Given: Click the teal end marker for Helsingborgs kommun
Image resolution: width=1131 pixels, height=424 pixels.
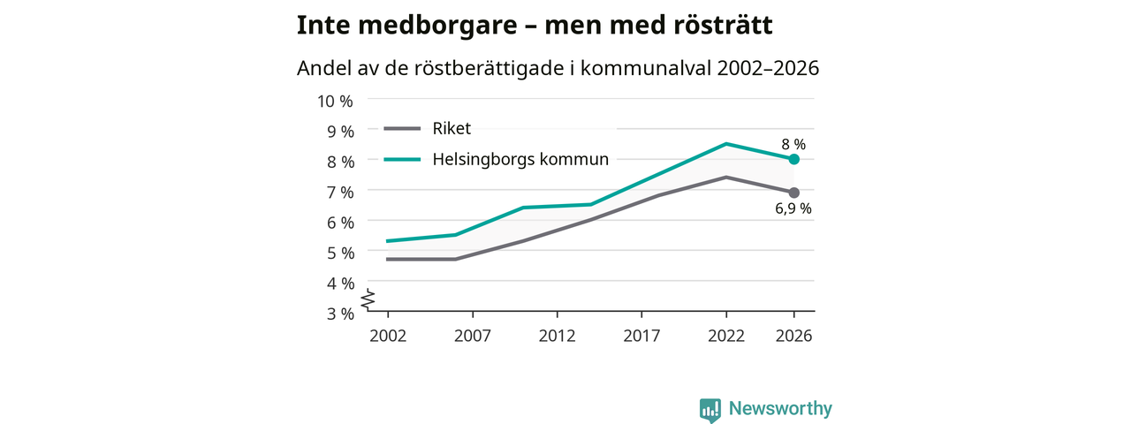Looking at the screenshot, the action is pyautogui.click(x=793, y=160).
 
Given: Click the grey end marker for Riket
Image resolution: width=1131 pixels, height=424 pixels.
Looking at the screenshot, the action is pyautogui.click(x=793, y=193).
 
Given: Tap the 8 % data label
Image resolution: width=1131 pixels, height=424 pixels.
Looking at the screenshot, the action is pyautogui.click(x=793, y=144).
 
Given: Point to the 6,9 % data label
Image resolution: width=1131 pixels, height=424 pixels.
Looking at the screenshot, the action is pyautogui.click(x=793, y=208).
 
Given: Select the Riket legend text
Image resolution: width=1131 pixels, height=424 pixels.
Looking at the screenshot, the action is pyautogui.click(x=452, y=129).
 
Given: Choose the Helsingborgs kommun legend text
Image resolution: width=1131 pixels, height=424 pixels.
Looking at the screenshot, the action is pyautogui.click(x=520, y=160).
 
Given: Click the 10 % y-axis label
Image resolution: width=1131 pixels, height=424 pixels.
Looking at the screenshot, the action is pyautogui.click(x=335, y=102).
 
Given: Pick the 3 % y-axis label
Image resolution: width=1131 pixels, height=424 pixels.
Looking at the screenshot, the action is pyautogui.click(x=340, y=314).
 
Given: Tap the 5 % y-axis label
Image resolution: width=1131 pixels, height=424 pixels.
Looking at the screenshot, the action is pyautogui.click(x=340, y=254).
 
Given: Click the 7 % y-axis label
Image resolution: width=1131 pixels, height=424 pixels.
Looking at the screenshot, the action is pyautogui.click(x=340, y=193).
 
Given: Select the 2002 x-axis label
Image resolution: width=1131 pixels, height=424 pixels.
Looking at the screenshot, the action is pyautogui.click(x=388, y=337).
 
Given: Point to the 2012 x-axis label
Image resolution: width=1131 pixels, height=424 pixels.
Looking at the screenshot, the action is pyautogui.click(x=557, y=337).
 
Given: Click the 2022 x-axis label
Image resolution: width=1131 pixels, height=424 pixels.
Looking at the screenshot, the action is pyautogui.click(x=726, y=337).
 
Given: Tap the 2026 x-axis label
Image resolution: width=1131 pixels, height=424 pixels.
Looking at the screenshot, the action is pyautogui.click(x=793, y=337).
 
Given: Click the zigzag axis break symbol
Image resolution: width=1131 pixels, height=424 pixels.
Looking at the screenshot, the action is pyautogui.click(x=368, y=299).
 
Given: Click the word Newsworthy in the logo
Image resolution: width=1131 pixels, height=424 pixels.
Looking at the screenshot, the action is pyautogui.click(x=780, y=408).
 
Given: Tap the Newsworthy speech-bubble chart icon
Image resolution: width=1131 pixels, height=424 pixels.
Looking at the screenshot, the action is pyautogui.click(x=710, y=410).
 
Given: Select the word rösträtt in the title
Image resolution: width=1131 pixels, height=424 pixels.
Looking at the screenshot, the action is pyautogui.click(x=723, y=26).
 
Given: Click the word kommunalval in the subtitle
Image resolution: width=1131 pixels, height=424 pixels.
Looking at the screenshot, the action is pyautogui.click(x=646, y=68).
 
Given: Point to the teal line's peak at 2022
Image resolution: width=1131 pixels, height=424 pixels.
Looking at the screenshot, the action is pyautogui.click(x=726, y=144).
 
